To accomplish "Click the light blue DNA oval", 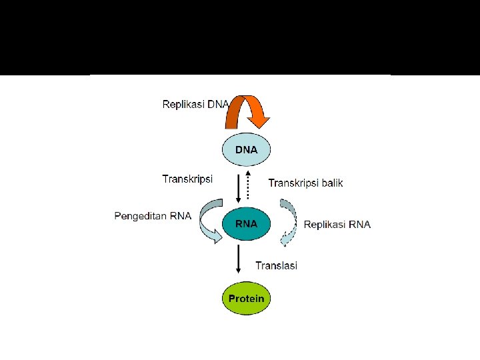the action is (246, 149).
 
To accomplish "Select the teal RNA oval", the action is (246, 224).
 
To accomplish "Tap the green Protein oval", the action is (246, 298).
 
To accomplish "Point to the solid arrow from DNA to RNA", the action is (239, 189).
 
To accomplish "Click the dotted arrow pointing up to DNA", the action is (248, 185).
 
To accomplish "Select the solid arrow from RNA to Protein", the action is (239, 259).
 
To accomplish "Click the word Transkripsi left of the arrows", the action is (187, 179).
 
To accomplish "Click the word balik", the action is (333, 183).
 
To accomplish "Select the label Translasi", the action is (277, 265).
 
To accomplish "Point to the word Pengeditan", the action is (140, 216).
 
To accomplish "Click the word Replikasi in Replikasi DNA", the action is (183, 105).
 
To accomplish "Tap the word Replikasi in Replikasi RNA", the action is (325, 225).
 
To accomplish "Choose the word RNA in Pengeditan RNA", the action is (181, 216).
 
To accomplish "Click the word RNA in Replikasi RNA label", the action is (360, 225).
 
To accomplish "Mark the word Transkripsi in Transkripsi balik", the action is (293, 183).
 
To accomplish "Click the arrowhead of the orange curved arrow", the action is (259, 122).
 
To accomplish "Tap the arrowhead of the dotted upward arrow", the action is (248, 173).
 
